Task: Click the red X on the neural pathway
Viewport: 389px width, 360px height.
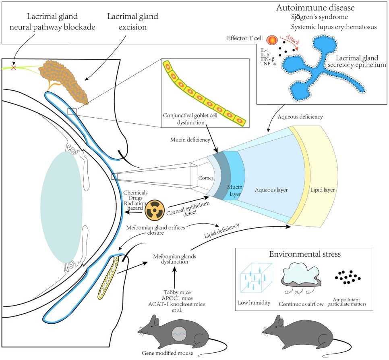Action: tap(14, 68)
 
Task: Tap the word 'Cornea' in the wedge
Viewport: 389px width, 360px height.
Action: tap(205, 177)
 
